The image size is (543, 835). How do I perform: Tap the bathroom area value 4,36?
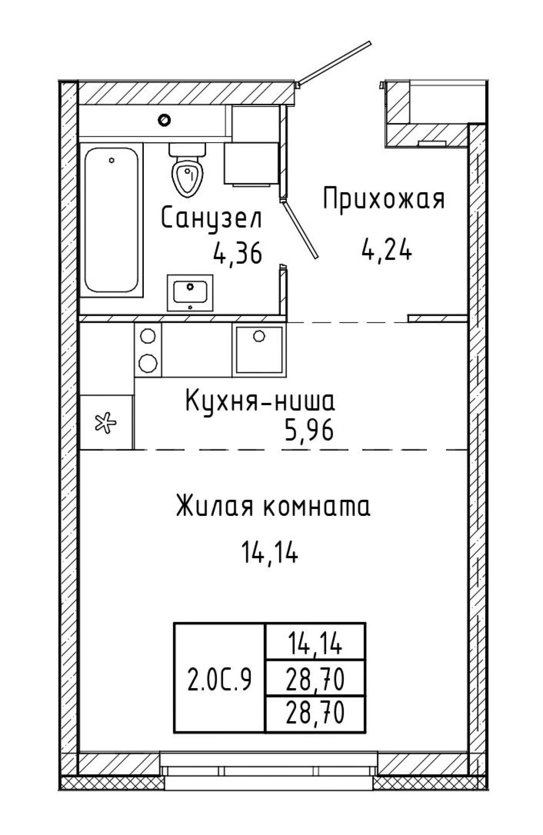[238, 255]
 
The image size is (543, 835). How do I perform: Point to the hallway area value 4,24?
[386, 250]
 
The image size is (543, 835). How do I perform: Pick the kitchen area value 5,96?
[309, 432]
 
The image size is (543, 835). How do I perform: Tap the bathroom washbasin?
[190, 293]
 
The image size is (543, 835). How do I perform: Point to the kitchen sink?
[259, 349]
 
